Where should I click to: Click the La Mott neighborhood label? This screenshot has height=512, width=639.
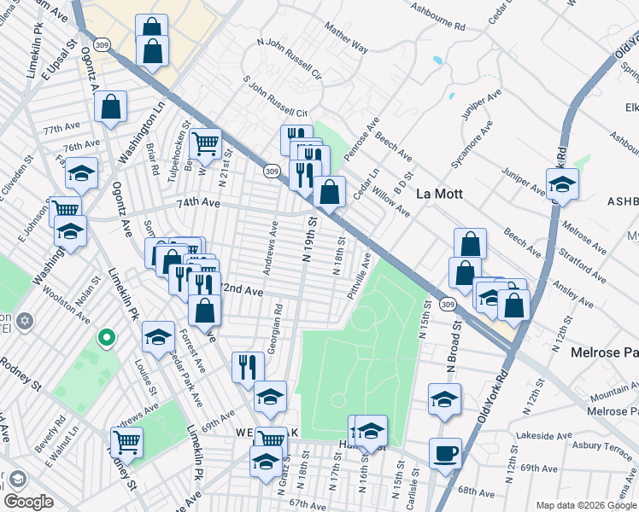(x=438, y=194)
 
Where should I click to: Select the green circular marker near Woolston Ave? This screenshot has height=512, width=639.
(x=106, y=339)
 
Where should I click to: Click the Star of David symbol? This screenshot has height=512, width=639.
(x=26, y=322)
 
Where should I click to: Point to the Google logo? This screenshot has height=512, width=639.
(x=28, y=502)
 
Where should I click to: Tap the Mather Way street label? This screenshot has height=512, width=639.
(x=345, y=38)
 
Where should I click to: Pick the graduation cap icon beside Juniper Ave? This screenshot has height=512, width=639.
(x=561, y=183)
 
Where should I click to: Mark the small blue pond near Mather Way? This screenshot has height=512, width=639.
(x=437, y=61)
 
